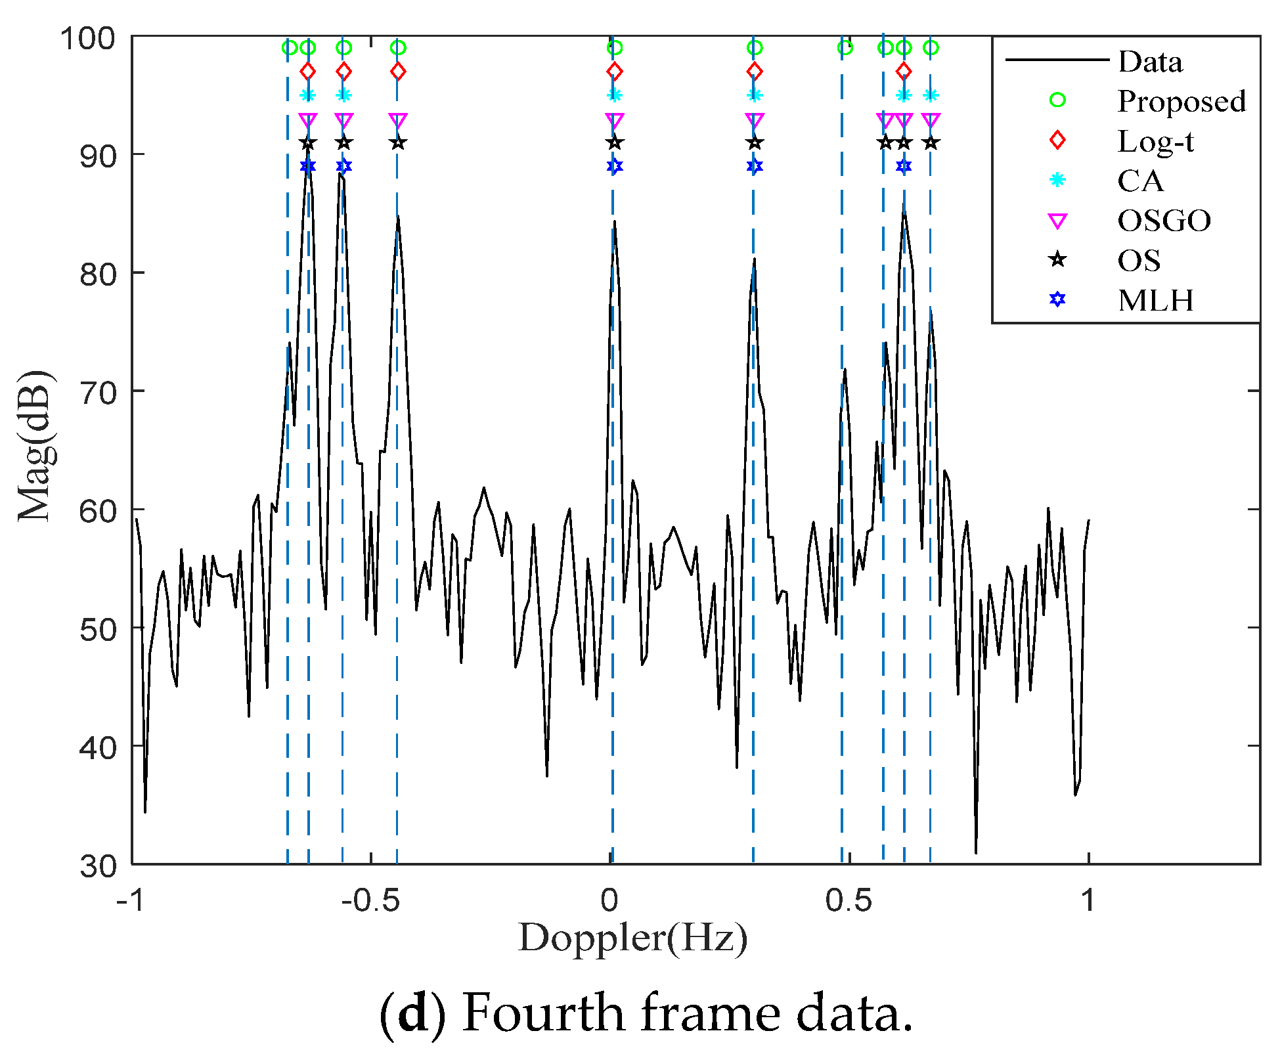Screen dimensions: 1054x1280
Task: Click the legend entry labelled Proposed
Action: pyautogui.click(x=1181, y=101)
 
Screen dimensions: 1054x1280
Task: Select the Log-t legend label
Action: pyautogui.click(x=1155, y=141)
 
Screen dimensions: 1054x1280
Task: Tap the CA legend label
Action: pyautogui.click(x=1140, y=181)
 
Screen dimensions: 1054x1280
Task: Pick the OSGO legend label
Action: pyautogui.click(x=1164, y=221)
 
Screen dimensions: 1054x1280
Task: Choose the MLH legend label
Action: pyautogui.click(x=1155, y=300)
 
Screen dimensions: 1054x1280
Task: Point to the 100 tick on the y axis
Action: pyautogui.click(x=87, y=38)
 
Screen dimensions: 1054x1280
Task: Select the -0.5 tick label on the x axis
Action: pyautogui.click(x=370, y=900)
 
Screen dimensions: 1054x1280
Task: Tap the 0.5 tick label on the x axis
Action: pyautogui.click(x=849, y=900)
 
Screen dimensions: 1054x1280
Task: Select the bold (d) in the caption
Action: pyautogui.click(x=413, y=1014)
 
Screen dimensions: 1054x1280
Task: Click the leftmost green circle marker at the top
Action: pyautogui.click(x=289, y=47)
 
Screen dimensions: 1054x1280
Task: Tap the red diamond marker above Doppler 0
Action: pyautogui.click(x=614, y=71)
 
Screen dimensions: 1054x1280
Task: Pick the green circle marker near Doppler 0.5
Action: pyautogui.click(x=845, y=47)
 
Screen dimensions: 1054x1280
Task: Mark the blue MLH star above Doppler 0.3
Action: pyautogui.click(x=755, y=166)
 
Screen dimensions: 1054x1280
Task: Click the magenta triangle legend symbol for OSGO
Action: pyautogui.click(x=1057, y=221)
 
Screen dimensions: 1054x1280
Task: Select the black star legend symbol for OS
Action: pyautogui.click(x=1057, y=260)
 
